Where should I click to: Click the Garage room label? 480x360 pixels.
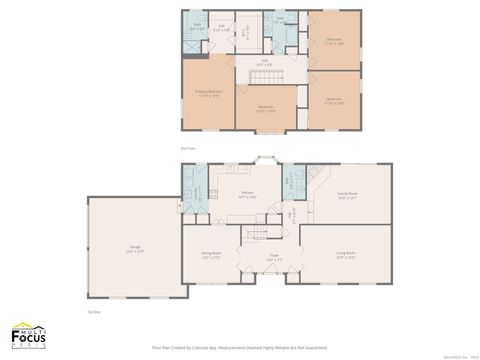(x=135, y=250)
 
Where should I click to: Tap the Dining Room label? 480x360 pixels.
(x=211, y=257)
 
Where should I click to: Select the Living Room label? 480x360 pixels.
(x=345, y=255)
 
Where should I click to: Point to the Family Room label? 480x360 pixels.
(x=347, y=196)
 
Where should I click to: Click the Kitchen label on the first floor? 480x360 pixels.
(x=246, y=196)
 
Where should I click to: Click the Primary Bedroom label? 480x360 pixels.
(x=209, y=93)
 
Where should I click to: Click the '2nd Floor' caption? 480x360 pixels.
(x=187, y=148)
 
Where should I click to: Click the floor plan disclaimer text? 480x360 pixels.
(x=240, y=348)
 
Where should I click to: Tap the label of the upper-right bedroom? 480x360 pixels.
(x=334, y=43)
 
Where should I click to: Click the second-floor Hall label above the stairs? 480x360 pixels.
(x=266, y=62)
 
